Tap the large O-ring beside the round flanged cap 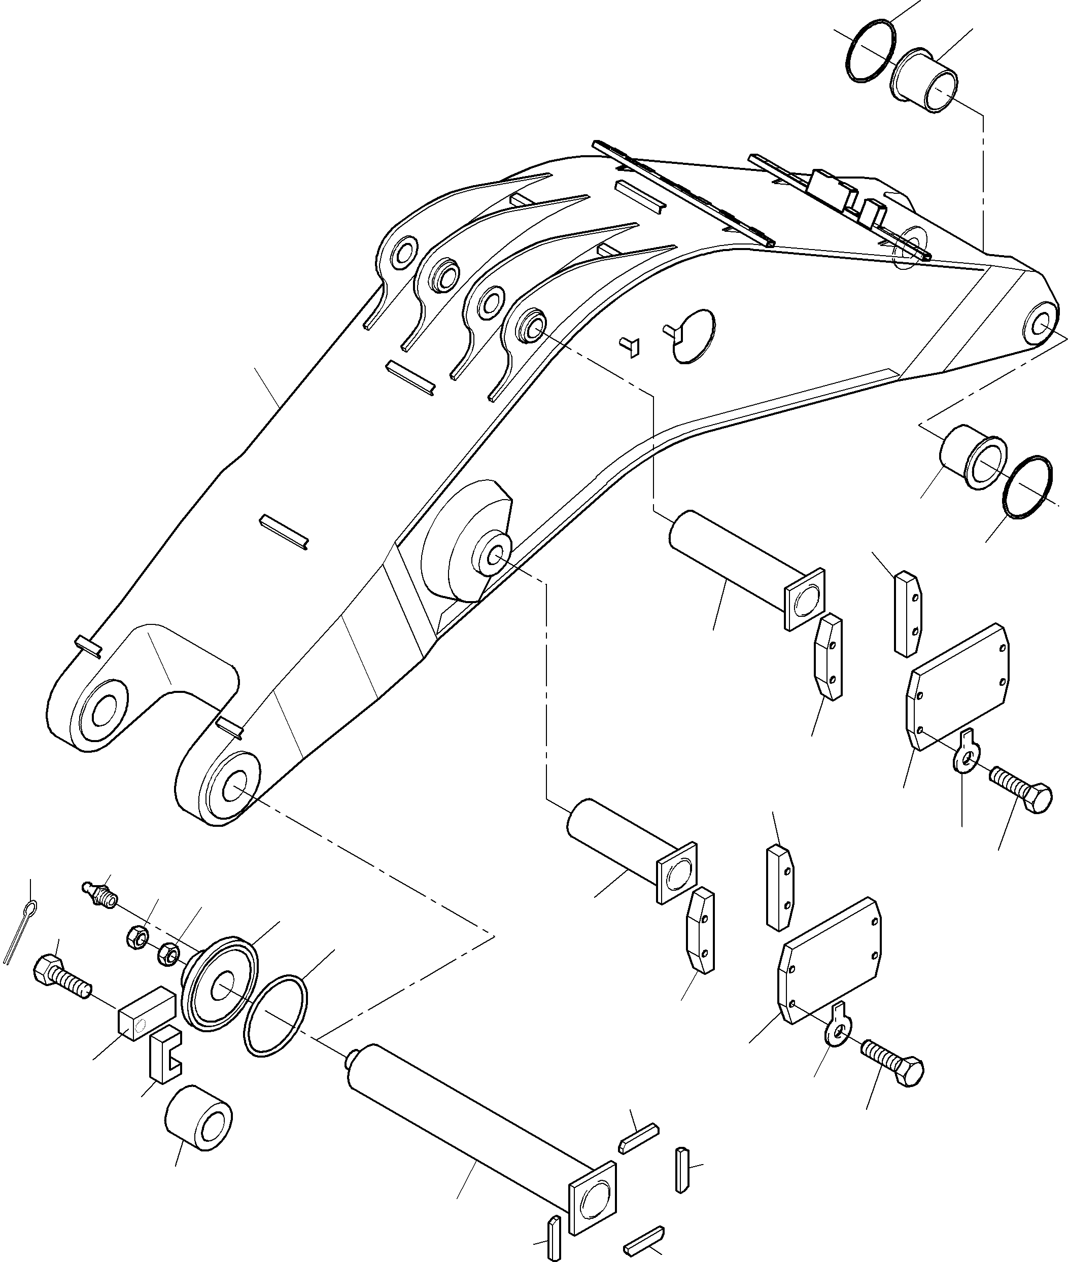276,1018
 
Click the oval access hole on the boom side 695,336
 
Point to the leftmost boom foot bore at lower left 104,707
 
